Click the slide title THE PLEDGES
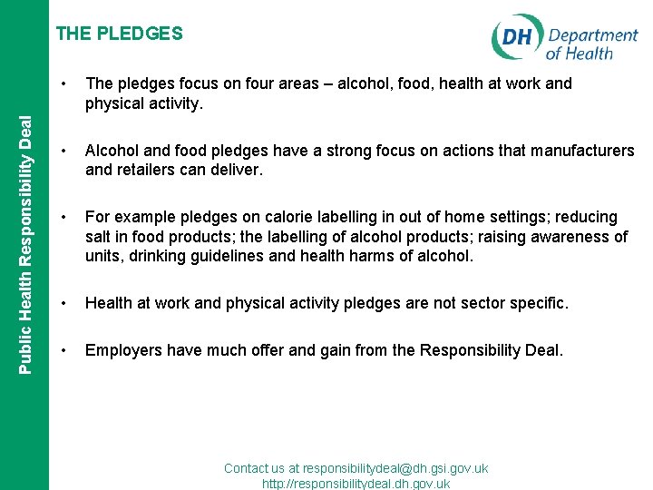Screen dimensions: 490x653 click(119, 34)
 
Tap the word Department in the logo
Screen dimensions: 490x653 click(593, 35)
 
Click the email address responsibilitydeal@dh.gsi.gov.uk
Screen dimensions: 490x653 click(395, 468)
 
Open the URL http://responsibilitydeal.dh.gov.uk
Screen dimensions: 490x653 click(356, 484)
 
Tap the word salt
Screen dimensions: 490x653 click(99, 237)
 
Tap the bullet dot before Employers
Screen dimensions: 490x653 click(63, 348)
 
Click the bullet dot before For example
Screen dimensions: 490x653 click(63, 217)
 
